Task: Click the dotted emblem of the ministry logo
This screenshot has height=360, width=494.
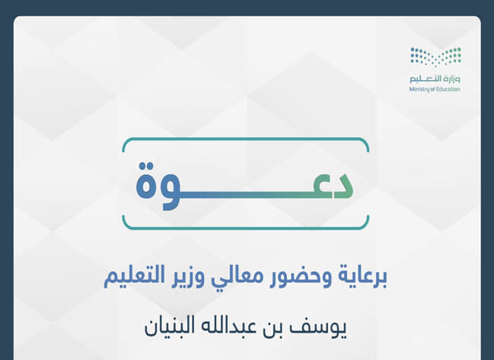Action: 435,57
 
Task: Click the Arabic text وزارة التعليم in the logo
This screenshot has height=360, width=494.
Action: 435,78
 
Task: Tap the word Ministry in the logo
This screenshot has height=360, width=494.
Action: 419,89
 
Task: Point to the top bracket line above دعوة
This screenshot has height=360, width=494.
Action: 245,139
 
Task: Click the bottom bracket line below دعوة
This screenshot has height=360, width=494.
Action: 245,228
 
